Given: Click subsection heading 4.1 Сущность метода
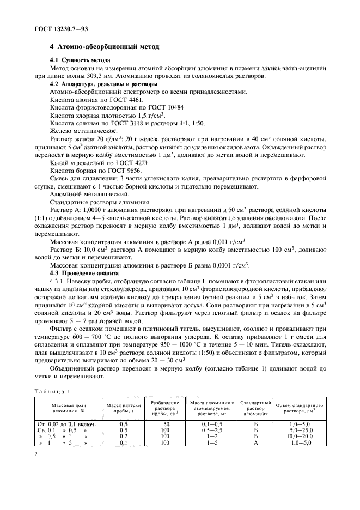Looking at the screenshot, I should click(x=80, y=59).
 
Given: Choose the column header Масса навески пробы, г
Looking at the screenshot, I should click(x=123, y=408).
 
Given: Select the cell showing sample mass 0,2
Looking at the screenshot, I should click(x=123, y=436).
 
